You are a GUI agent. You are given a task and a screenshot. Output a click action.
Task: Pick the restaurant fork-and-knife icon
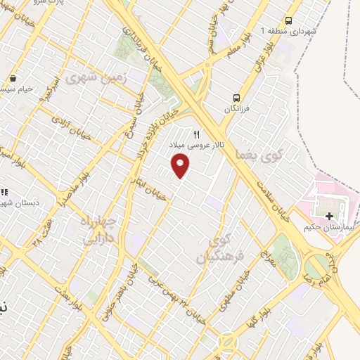click(197, 134)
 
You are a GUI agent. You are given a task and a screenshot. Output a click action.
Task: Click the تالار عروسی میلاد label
click(200, 144)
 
